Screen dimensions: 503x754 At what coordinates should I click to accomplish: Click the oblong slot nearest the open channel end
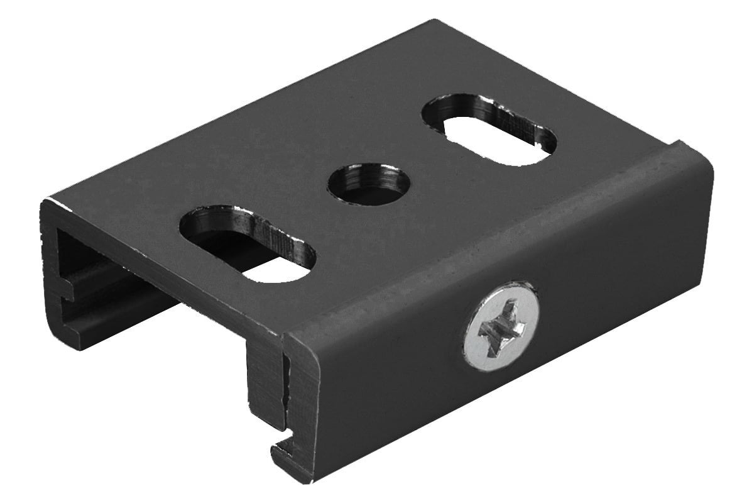[248, 242]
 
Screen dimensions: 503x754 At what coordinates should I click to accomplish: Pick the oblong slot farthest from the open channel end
[489, 130]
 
